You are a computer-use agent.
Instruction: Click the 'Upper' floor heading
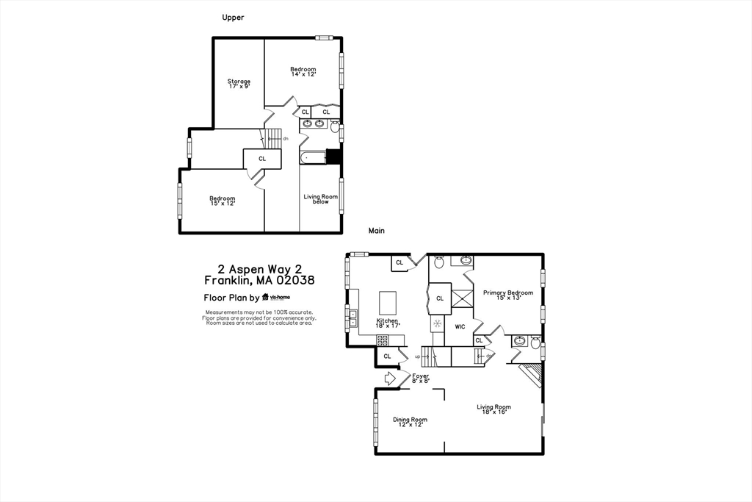tap(233, 17)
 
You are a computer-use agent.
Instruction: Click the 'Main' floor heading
tap(377, 231)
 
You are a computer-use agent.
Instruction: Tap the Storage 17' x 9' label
tap(238, 84)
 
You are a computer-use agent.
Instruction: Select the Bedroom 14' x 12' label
tap(303, 72)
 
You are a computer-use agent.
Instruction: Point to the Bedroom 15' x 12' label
tap(222, 201)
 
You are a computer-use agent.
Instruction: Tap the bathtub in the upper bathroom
tap(313, 157)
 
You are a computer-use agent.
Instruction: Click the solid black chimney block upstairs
tap(333, 157)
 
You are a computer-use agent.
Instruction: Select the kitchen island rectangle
tap(387, 302)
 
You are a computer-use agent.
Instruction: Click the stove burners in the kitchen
tap(383, 340)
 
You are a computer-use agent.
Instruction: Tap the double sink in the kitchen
tap(352, 318)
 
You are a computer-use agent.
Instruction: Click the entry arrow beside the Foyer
tap(390, 378)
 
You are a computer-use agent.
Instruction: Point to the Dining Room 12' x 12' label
tap(409, 422)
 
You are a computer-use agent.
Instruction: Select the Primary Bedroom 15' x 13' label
tap(507, 295)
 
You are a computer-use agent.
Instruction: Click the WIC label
tap(460, 326)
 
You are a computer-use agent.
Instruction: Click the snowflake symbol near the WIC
tap(437, 323)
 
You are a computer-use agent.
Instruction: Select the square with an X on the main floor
tap(461, 298)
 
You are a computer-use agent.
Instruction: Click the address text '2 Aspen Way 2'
tap(259, 269)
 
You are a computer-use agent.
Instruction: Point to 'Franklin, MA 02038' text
tap(259, 280)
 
